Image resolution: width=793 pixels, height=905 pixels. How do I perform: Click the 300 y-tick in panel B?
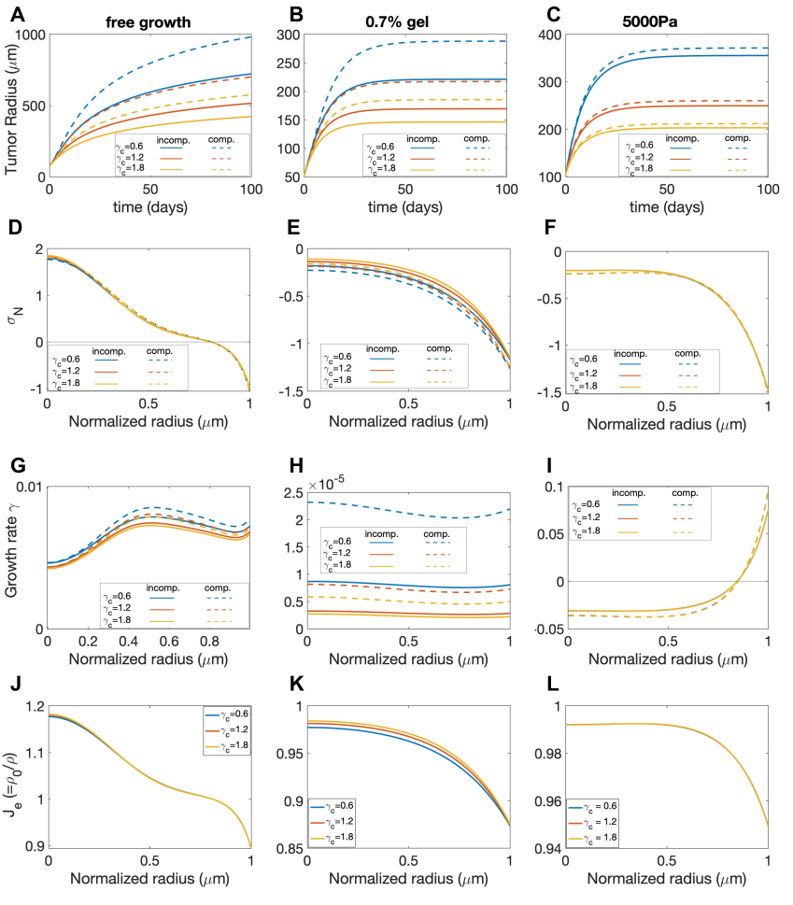[x=285, y=35]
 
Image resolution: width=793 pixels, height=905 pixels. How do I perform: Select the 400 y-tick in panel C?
[x=547, y=35]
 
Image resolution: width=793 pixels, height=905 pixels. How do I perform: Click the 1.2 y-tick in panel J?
[x=30, y=707]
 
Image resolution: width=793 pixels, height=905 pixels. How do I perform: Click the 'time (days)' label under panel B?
[x=405, y=205]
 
